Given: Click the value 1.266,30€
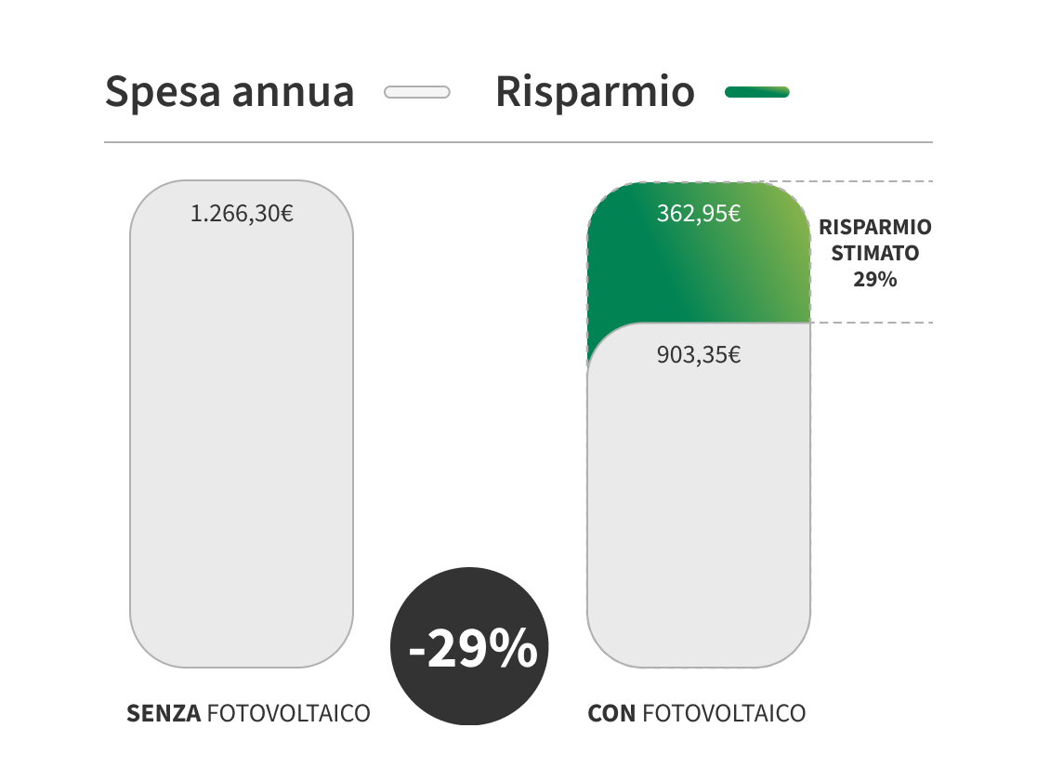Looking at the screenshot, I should pos(242,214).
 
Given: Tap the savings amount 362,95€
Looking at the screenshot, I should pos(698,214).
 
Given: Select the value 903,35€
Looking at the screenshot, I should pos(698,355).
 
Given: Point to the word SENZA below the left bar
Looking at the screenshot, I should pos(164,714).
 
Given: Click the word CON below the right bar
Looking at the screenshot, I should pos(611,714).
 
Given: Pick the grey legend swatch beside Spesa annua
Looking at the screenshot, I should pos(416,92).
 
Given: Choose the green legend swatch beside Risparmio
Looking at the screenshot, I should pos(756,92).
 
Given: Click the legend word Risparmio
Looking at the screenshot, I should pos(595,92).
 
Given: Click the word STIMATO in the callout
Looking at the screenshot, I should pos(874,253).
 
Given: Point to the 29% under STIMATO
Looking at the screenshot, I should pos(874,278).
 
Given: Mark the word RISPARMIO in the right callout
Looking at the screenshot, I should pos(874,228).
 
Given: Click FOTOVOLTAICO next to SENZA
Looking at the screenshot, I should pos(288,714).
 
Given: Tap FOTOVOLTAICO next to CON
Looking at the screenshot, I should pos(724,714).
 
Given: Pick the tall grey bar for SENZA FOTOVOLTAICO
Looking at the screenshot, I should pos(242,428).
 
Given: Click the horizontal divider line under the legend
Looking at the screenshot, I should pos(518,142).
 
